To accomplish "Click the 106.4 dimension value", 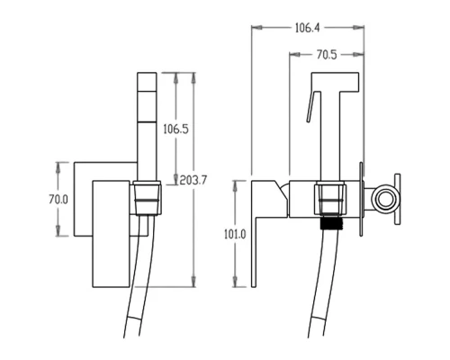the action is pos(308,28).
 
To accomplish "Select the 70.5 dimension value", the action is pos(327,55).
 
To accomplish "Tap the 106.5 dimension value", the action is pos(175,129).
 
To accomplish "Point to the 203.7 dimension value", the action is pos(193,180).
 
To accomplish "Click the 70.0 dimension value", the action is pos(58,200).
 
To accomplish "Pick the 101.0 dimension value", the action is pos(235,234).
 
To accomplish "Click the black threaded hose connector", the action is pos(330,221).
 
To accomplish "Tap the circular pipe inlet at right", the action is pos(384,200).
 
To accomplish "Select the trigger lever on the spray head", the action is pos(310,106).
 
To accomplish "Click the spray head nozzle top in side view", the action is pos(336,81).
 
